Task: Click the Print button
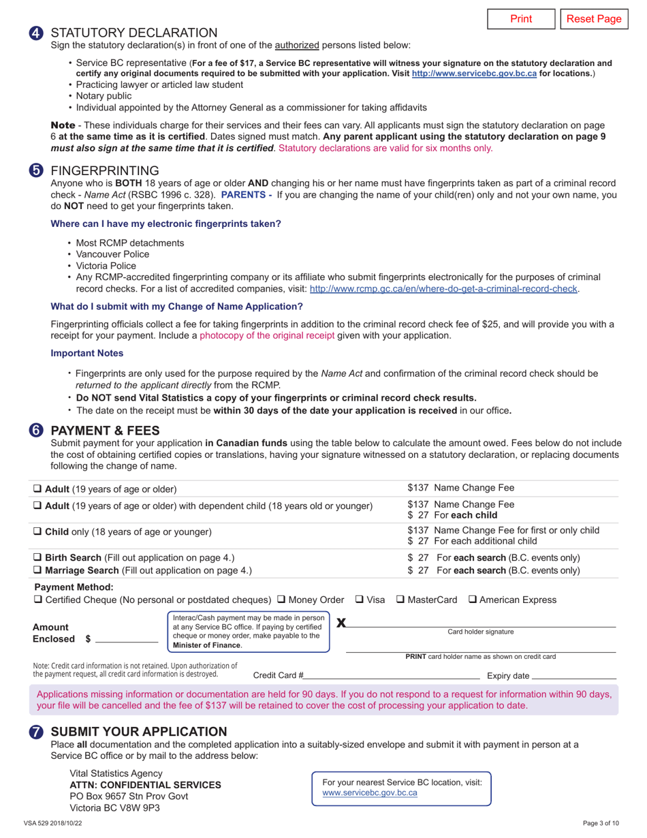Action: [x=521, y=19]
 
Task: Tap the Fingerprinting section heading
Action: [x=105, y=170]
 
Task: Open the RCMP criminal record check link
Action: [x=443, y=289]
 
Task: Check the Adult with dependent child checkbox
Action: [x=38, y=506]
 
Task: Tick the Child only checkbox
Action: [x=38, y=531]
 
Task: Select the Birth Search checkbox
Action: [x=38, y=557]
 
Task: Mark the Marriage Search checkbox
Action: [x=38, y=570]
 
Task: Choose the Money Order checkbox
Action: [x=282, y=600]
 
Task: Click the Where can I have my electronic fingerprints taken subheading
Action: [x=165, y=223]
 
